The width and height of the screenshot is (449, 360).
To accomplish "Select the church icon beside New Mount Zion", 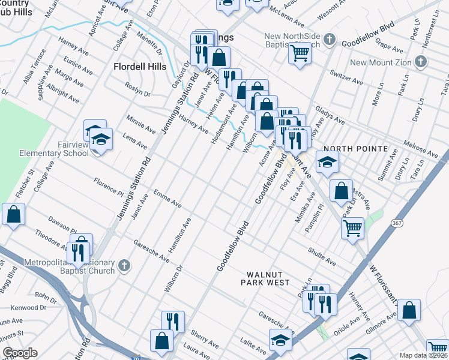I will tap(421, 62).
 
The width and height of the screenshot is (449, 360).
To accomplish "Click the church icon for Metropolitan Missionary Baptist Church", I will tap(124, 265).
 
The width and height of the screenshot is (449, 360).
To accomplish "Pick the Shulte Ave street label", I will tap(321, 258).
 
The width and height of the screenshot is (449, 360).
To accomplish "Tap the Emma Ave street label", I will tap(167, 199).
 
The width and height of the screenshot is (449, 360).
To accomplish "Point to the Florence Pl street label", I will tap(108, 185).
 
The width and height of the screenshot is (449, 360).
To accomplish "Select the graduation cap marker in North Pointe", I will tap(327, 162).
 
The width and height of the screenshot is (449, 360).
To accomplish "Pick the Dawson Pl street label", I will tap(64, 224).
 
